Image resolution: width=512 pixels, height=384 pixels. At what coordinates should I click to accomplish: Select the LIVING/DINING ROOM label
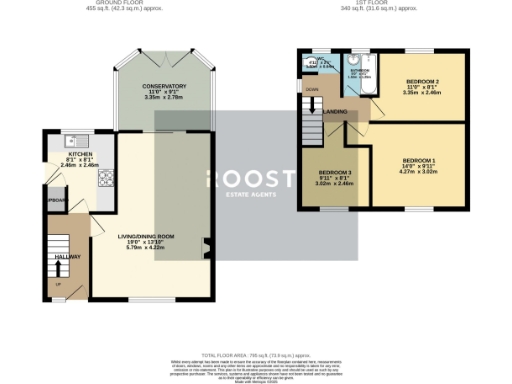[x=146, y=236]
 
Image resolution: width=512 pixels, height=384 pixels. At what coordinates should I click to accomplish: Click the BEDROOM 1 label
[x=419, y=160]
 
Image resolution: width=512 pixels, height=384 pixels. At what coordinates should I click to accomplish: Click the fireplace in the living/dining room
[x=205, y=244]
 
